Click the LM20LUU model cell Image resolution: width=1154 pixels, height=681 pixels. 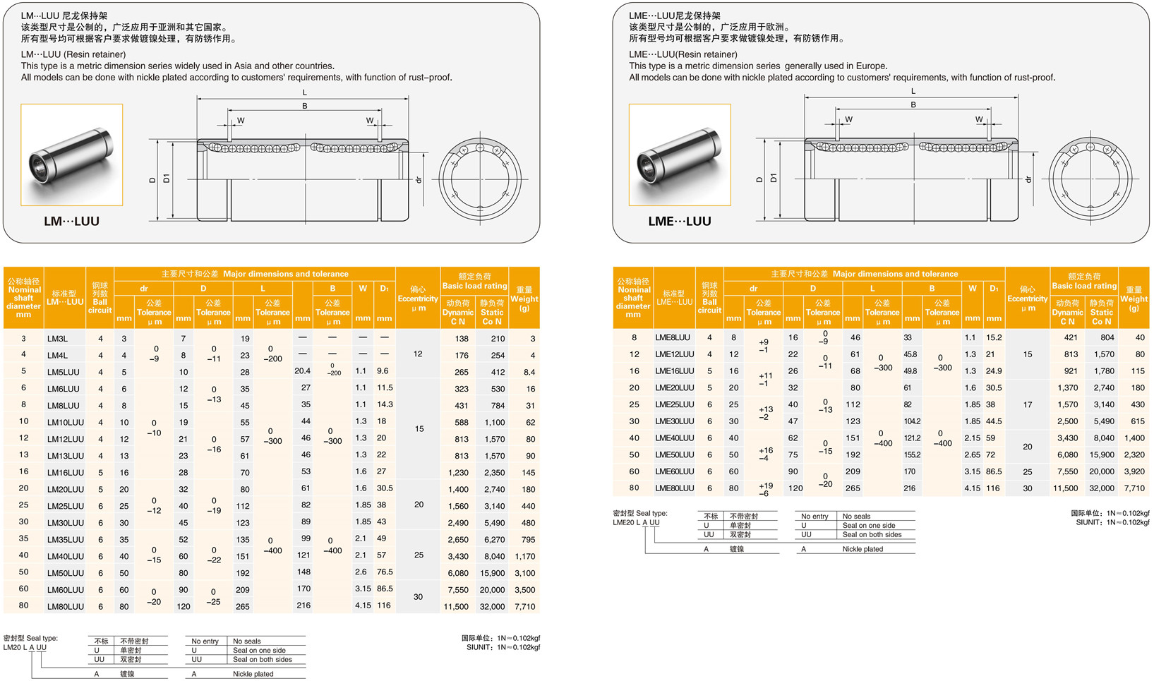65,489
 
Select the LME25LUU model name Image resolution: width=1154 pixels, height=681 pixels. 674,405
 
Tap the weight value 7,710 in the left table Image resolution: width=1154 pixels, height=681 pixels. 524,606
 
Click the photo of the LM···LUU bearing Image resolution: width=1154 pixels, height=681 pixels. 72,155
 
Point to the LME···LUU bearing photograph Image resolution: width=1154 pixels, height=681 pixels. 680,155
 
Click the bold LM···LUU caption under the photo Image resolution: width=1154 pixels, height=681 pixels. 71,221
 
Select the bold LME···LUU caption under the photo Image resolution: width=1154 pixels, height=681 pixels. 679,221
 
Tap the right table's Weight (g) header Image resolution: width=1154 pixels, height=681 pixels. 1134,299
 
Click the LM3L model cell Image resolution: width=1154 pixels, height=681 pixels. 58,339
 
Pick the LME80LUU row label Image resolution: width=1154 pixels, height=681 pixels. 674,488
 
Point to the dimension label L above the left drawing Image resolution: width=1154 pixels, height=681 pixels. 305,92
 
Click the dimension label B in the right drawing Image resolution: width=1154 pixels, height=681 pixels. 913,105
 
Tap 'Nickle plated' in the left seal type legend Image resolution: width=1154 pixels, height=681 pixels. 253,674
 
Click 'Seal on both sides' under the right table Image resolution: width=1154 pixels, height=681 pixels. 872,535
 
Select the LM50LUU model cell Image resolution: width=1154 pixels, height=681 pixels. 65,573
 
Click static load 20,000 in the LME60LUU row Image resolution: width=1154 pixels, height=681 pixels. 1101,471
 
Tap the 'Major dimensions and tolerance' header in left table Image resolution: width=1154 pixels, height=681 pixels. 255,274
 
